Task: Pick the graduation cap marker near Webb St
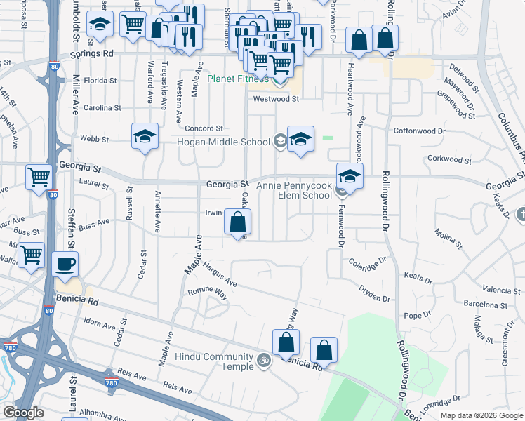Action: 145,137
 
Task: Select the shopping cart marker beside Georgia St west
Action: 39,178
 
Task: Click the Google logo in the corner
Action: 23,413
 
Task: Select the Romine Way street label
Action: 207,293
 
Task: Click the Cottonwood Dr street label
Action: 420,131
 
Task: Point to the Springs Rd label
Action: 92,53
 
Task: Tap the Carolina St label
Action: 102,108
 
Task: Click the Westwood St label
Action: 276,99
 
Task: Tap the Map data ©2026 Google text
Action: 481,415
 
